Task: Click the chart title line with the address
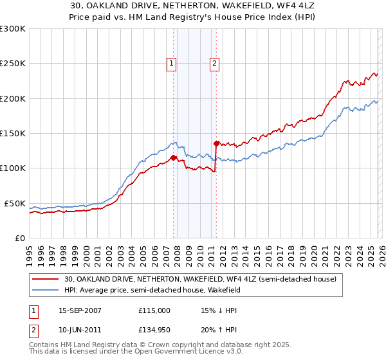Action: tap(192, 6)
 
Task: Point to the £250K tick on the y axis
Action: tap(12, 64)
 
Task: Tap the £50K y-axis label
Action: tap(14, 203)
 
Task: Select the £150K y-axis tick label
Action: tap(12, 134)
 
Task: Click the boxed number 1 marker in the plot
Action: tap(172, 63)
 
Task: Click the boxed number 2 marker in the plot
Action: tap(214, 63)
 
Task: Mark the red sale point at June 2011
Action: tap(216, 143)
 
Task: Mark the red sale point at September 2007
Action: tap(173, 157)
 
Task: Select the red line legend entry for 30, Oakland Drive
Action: tap(199, 280)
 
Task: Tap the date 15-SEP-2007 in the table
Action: tap(80, 310)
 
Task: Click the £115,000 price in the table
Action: tap(154, 310)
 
